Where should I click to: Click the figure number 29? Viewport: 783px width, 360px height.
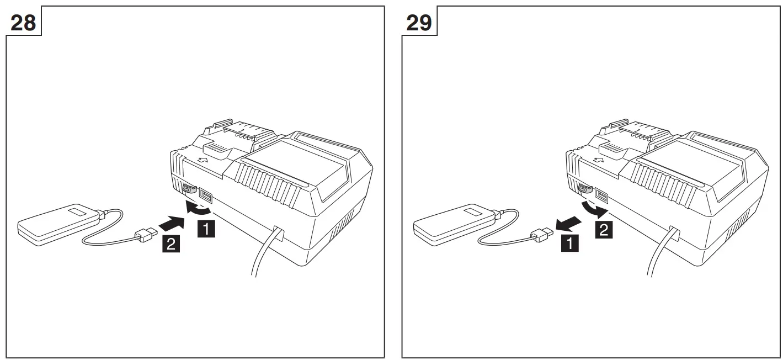coord(419,24)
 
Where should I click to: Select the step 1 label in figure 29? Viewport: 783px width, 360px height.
coord(571,242)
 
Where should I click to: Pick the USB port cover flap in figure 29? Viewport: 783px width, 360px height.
coord(584,189)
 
